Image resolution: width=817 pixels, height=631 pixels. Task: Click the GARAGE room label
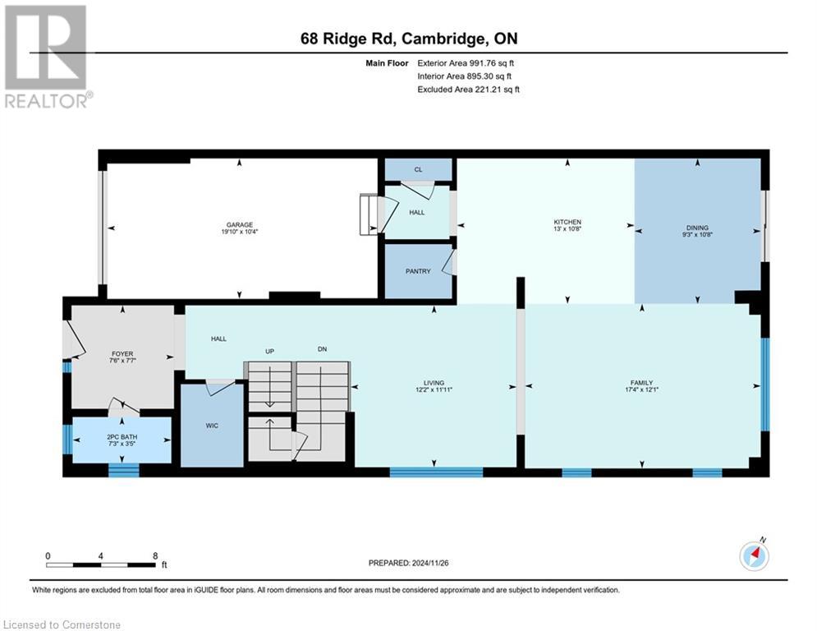tap(240, 225)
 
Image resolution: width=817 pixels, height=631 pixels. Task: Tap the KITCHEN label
tap(567, 222)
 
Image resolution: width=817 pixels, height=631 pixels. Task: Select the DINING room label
tap(698, 228)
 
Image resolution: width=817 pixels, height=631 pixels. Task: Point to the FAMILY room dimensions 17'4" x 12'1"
tap(641, 390)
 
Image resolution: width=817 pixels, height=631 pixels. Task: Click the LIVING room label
tap(434, 383)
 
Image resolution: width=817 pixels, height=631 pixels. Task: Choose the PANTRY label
tap(418, 271)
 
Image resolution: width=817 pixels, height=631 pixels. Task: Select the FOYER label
tap(122, 353)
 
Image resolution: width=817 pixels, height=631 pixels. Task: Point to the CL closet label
tap(418, 169)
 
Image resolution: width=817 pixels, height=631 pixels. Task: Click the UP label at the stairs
tap(269, 351)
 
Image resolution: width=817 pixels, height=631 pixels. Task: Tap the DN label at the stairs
tap(322, 349)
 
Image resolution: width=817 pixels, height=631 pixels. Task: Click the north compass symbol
tap(754, 555)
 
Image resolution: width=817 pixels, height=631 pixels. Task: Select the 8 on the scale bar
tap(155, 555)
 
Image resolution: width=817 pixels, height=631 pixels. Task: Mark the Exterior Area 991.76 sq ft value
tap(466, 62)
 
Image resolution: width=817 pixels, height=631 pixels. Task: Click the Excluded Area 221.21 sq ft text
tap(468, 89)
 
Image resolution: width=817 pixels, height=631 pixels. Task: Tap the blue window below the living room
tap(435, 472)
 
